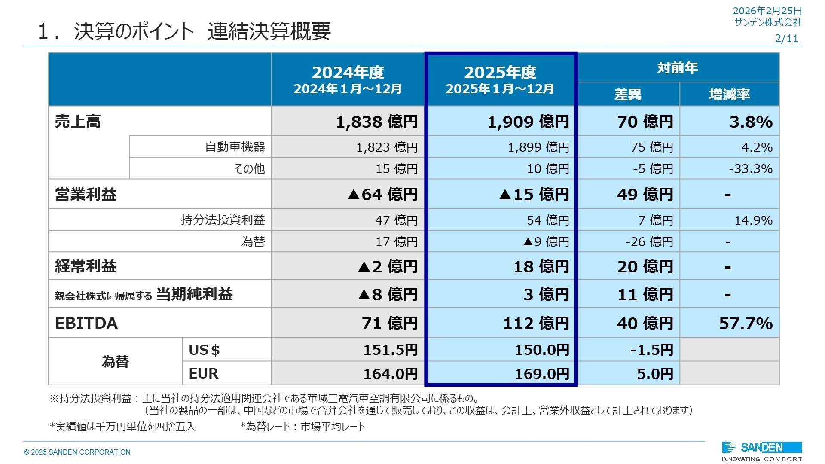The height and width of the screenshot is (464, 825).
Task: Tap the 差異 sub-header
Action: click(x=628, y=94)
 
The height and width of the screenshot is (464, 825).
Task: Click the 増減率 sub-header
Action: click(x=729, y=94)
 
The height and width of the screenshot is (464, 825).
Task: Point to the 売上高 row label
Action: click(x=78, y=122)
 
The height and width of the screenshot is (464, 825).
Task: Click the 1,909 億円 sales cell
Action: click(x=528, y=122)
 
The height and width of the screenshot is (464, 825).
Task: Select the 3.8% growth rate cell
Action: click(x=751, y=122)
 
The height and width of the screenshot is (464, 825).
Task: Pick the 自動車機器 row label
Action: click(x=235, y=147)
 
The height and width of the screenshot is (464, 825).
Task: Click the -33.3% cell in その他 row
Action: click(x=750, y=168)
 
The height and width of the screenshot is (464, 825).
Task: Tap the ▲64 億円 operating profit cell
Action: click(x=382, y=194)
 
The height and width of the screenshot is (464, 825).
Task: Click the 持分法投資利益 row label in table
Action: click(x=223, y=220)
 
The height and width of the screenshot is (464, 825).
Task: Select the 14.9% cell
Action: click(x=753, y=220)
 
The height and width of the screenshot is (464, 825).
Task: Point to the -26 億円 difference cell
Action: click(x=649, y=242)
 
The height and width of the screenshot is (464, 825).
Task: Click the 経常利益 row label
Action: click(x=86, y=266)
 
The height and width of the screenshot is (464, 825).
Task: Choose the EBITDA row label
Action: click(x=86, y=323)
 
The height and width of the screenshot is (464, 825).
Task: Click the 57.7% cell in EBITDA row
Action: click(x=746, y=323)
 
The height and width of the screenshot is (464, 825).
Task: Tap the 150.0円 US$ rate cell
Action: click(x=542, y=350)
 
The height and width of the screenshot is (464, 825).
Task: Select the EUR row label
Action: click(x=204, y=373)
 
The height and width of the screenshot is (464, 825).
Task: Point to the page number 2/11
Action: click(x=786, y=39)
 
